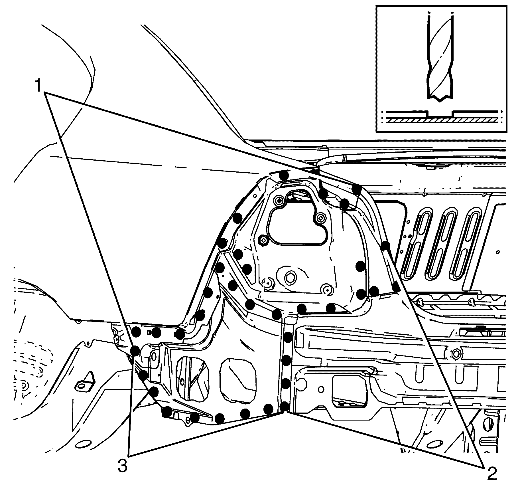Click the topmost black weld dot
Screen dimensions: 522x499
pos(284,175)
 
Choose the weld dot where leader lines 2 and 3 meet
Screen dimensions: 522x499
pos(284,406)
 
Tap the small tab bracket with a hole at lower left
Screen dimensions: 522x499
pos(85,382)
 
